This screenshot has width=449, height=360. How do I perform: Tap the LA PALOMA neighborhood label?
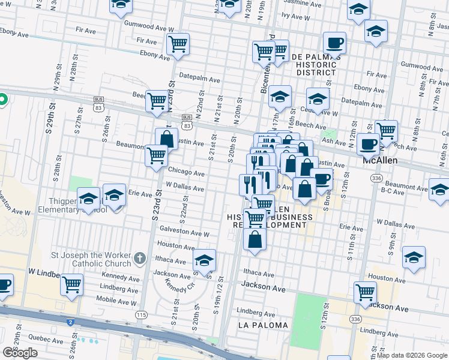(263, 325)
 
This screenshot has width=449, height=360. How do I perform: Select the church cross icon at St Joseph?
(139, 259)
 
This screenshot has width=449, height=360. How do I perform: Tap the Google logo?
(20, 353)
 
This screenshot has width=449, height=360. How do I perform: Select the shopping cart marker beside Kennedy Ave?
(72, 284)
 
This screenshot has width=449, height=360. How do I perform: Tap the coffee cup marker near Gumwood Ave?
(334, 43)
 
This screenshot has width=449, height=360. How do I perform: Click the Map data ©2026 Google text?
(411, 355)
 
